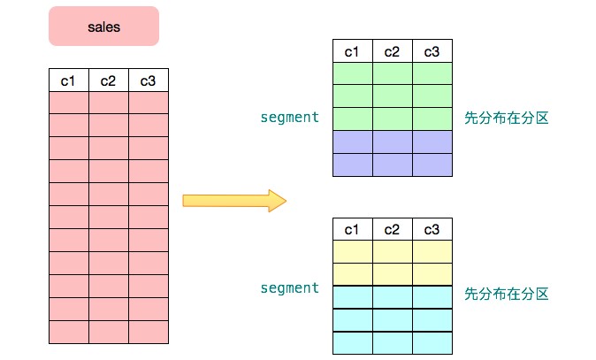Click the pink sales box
click(103, 27)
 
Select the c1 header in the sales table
click(68, 81)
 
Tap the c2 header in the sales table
click(108, 81)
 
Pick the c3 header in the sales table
click(148, 81)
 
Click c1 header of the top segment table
click(352, 51)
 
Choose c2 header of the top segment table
click(392, 51)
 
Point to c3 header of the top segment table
click(432, 51)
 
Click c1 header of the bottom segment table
click(352, 229)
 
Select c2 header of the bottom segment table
click(392, 229)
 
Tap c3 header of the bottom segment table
click(432, 229)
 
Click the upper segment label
click(289, 117)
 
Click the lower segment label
click(289, 288)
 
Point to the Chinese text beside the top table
click(506, 118)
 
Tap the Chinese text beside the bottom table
click(506, 292)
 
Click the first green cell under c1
click(352, 73)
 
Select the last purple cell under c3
click(432, 165)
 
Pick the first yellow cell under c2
click(392, 251)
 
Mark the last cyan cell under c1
click(352, 342)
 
